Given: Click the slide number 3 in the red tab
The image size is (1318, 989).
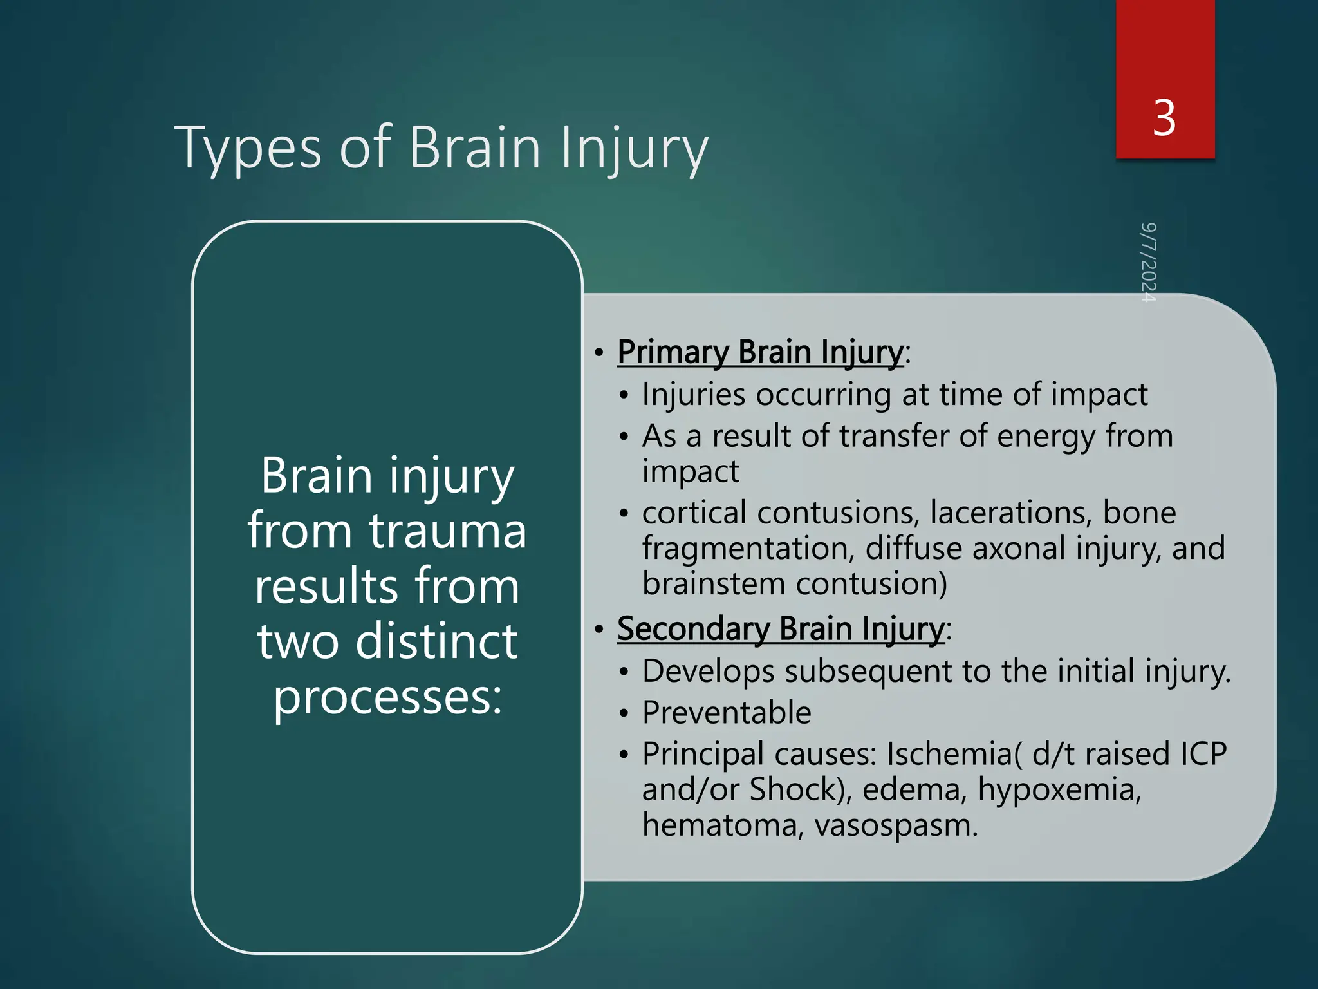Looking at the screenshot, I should (1164, 118).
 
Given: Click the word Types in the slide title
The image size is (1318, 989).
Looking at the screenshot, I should (248, 148).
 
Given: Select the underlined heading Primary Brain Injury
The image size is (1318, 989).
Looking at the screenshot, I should (760, 353).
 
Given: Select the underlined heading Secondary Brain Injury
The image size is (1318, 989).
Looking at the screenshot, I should (781, 629).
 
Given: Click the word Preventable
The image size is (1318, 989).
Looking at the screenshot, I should (727, 713).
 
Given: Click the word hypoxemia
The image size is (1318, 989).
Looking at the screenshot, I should (1059, 789).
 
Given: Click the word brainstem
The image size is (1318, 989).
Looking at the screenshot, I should (714, 584).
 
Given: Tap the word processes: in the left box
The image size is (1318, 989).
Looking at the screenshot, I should (387, 698).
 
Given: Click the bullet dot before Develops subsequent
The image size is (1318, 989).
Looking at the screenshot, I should (623, 672).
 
